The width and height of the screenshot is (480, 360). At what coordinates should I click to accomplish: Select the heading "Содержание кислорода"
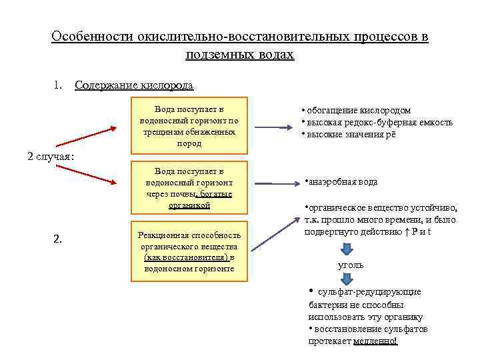[134, 85]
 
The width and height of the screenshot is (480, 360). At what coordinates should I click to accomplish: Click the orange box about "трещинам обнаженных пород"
[189, 125]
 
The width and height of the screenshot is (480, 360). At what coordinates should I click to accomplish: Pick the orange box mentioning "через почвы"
[189, 189]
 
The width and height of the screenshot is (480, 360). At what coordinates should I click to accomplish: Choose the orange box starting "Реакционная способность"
[189, 251]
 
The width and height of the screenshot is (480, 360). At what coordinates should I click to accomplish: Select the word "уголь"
[351, 265]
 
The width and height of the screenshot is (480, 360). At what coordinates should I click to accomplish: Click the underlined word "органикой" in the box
[189, 205]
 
